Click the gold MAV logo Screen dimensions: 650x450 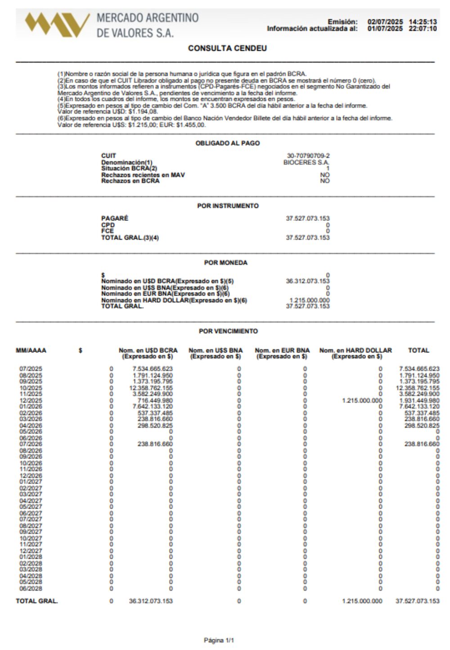(x=57, y=24)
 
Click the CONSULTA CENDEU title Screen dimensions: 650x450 (x=227, y=48)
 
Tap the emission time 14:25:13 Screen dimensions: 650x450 (x=423, y=22)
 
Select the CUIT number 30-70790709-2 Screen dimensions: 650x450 (x=308, y=156)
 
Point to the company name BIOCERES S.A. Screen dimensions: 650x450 (x=306, y=162)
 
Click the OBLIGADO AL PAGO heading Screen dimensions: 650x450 (x=227, y=143)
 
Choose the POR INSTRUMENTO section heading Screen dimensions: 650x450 (x=228, y=206)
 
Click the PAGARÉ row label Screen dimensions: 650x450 (x=115, y=218)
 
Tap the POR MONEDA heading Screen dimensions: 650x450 (x=225, y=262)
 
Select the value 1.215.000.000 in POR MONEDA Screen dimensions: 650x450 (x=310, y=300)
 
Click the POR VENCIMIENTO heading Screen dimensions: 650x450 (x=228, y=331)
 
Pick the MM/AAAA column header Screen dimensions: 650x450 (x=31, y=350)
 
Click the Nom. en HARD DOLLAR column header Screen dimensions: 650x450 (x=355, y=353)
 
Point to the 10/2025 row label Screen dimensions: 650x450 (x=31, y=388)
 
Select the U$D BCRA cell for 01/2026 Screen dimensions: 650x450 (x=153, y=407)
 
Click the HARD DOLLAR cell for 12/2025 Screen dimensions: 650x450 (x=362, y=400)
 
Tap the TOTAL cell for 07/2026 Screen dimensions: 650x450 (x=422, y=444)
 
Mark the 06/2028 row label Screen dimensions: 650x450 (x=31, y=588)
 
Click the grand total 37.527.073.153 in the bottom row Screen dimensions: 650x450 (x=417, y=601)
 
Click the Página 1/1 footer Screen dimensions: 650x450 (x=219, y=640)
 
